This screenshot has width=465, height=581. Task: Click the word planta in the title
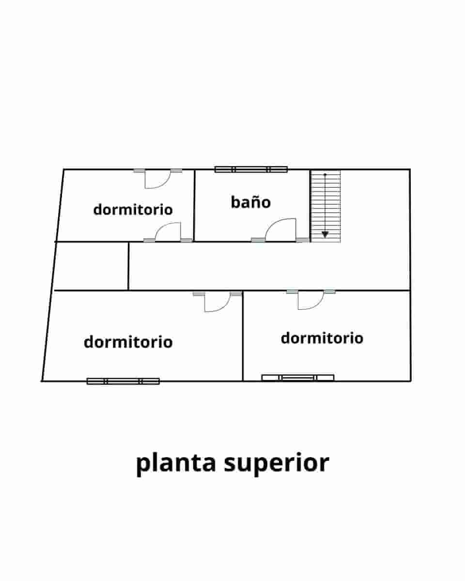pyautogui.click(x=175, y=463)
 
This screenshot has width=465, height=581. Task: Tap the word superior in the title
pyautogui.click(x=277, y=463)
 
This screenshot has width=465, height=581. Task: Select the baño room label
pyautogui.click(x=250, y=202)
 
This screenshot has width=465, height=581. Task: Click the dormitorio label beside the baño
pyautogui.click(x=133, y=210)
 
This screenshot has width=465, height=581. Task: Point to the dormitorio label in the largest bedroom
pyautogui.click(x=128, y=342)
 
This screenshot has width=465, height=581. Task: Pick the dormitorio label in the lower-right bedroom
pyautogui.click(x=322, y=337)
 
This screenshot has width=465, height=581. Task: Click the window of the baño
pyautogui.click(x=251, y=169)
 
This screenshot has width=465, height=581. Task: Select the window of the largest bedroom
pyautogui.click(x=123, y=381)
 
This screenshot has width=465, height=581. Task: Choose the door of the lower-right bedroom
pyautogui.click(x=310, y=300)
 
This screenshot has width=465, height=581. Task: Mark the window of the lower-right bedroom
pyautogui.click(x=297, y=378)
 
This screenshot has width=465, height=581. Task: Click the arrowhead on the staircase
pyautogui.click(x=325, y=234)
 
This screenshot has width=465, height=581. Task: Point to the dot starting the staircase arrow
pyautogui.click(x=325, y=174)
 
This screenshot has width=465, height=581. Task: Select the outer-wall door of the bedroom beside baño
pyautogui.click(x=157, y=179)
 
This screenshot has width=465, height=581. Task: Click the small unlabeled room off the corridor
pyautogui.click(x=91, y=266)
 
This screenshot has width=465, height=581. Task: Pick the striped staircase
pyautogui.click(x=325, y=206)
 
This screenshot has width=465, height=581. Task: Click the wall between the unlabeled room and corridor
pyautogui.click(x=128, y=266)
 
